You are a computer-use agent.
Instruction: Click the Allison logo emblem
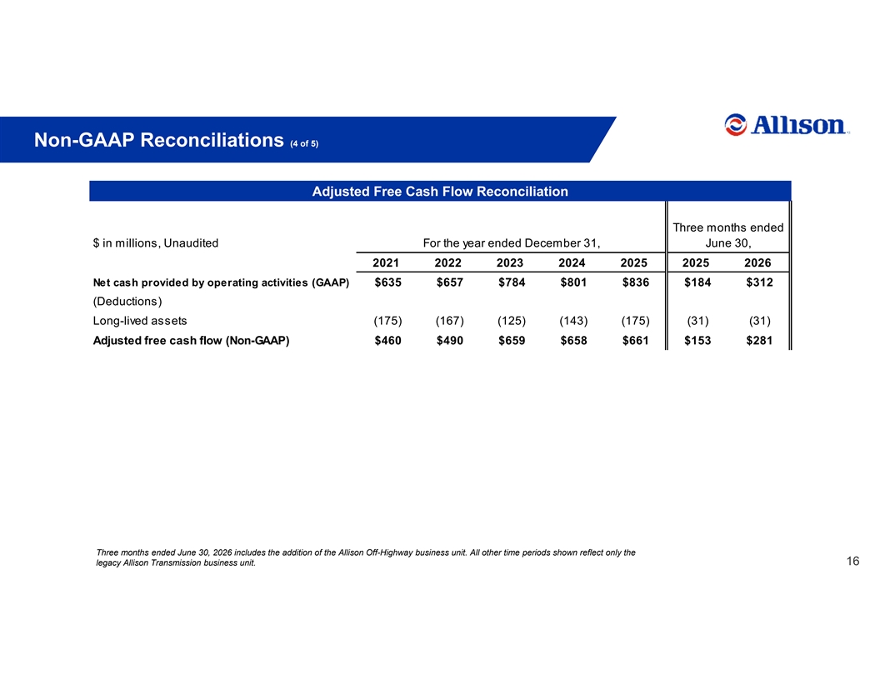tap(735, 124)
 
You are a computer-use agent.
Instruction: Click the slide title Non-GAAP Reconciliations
tap(159, 140)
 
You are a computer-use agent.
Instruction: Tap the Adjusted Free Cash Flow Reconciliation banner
tap(440, 192)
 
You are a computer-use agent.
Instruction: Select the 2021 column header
tap(386, 263)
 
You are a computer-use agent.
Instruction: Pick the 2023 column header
tap(510, 263)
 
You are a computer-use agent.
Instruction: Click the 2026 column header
tap(757, 263)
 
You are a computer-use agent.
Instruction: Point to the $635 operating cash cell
tap(387, 282)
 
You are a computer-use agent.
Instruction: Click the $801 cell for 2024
tap(573, 282)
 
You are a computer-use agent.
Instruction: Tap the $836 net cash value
tap(636, 282)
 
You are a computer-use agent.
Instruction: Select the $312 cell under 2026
tap(759, 282)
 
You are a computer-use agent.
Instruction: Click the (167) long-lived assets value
tap(449, 321)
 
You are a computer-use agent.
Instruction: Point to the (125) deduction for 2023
tap(512, 321)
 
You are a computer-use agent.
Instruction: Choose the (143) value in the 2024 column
tap(573, 321)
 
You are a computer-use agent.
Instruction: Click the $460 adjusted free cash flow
tap(387, 341)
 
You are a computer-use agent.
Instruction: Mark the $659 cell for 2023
tap(512, 341)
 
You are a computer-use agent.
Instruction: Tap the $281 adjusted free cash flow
tap(759, 341)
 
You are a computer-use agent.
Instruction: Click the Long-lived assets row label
tap(140, 321)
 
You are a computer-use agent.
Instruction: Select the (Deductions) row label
tap(127, 302)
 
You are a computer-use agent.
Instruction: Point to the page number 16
tap(852, 561)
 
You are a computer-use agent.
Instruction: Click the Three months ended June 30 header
tap(727, 235)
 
